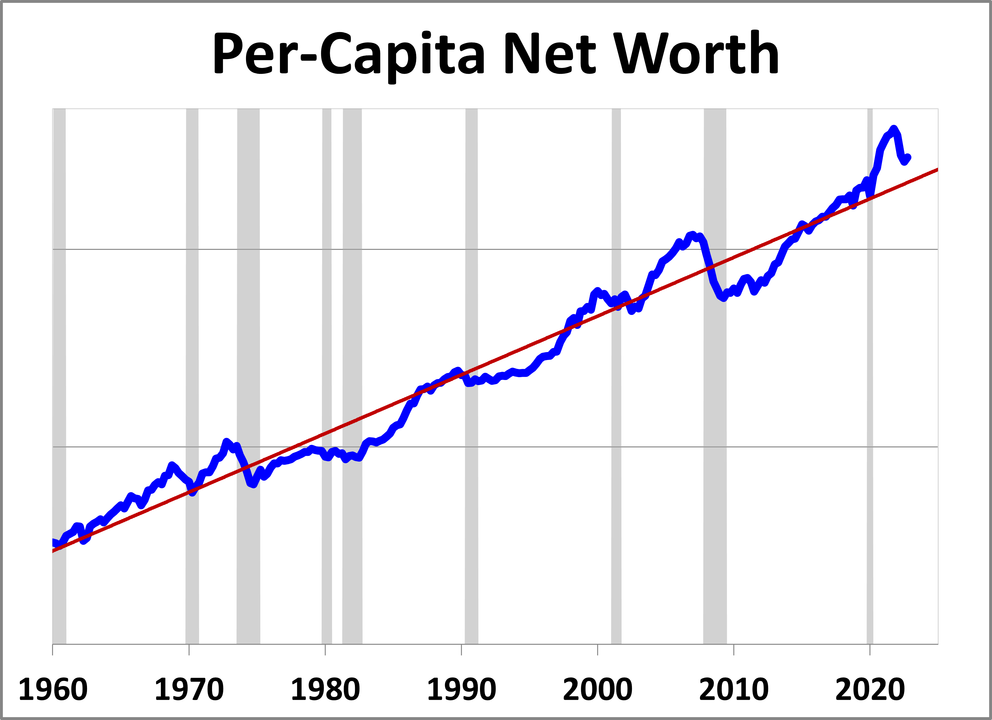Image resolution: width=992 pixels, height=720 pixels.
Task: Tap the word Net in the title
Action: [x=550, y=53]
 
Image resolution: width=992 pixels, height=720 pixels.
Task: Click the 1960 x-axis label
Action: [x=53, y=690]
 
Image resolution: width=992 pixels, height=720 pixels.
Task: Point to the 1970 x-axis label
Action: [x=189, y=690]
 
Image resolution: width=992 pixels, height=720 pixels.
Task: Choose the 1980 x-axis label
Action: [x=325, y=690]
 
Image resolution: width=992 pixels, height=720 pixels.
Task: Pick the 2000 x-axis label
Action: [x=597, y=690]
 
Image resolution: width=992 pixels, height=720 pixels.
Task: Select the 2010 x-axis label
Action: [x=734, y=690]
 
